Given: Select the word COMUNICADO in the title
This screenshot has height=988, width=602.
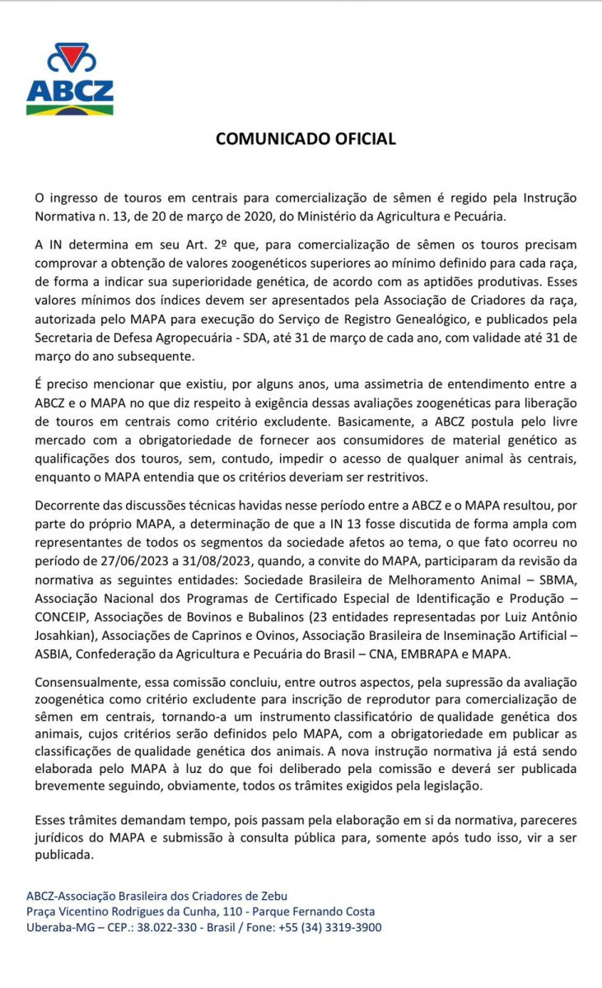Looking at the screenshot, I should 266,139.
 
